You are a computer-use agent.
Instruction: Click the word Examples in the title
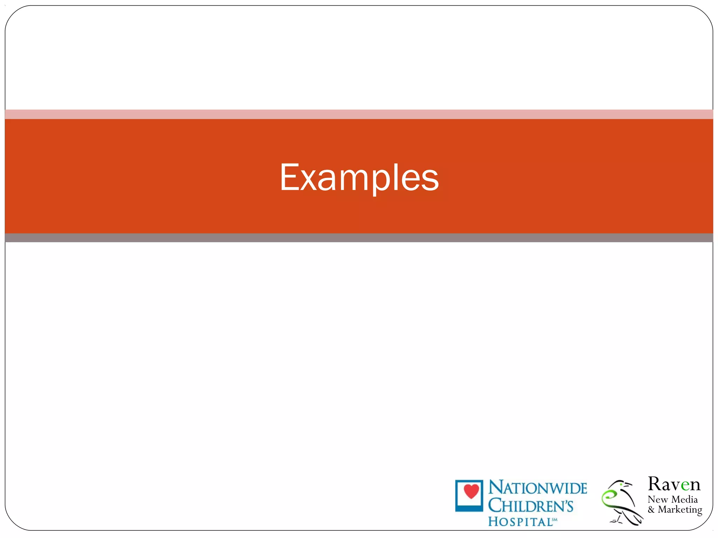tap(359, 178)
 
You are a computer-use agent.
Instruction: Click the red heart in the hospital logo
tap(471, 491)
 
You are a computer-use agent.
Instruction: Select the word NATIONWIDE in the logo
tap(537, 488)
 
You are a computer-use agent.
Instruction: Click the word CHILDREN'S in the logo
tap(530, 506)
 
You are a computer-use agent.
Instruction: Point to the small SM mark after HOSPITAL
tap(555, 520)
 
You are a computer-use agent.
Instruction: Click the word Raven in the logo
tap(674, 484)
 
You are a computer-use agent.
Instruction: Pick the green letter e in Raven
tap(685, 485)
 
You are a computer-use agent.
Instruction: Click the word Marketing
tap(680, 510)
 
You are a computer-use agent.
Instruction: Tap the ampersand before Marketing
tap(651, 510)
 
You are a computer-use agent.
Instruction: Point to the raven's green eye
tap(621, 484)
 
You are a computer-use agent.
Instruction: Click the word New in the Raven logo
tap(658, 499)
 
